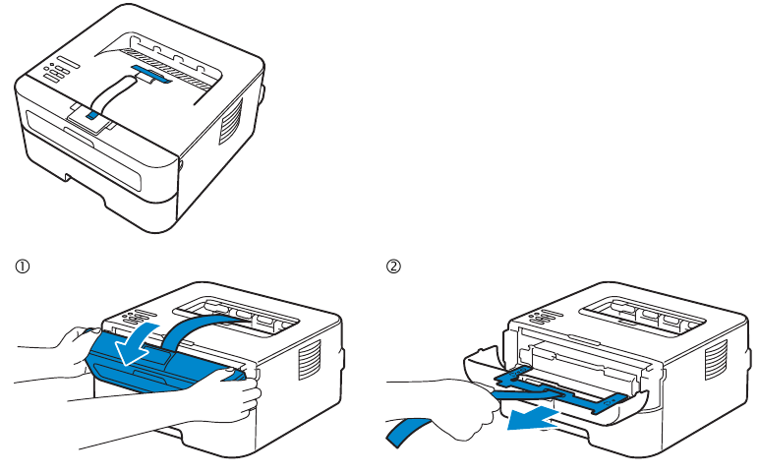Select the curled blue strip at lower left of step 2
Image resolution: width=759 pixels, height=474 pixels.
[x=408, y=432]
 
